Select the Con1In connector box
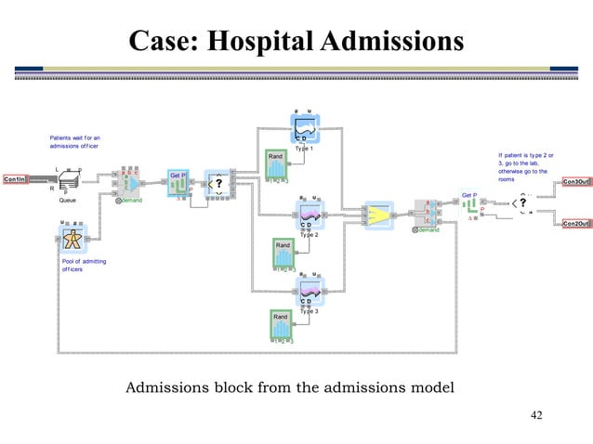(16, 178)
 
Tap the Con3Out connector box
(575, 182)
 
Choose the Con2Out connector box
(575, 224)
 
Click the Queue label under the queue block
(67, 200)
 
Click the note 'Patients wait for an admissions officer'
(76, 142)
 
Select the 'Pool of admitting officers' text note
(83, 266)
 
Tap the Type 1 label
(304, 149)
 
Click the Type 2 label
(309, 235)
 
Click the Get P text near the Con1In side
(178, 174)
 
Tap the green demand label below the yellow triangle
(428, 229)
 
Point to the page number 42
(535, 414)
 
